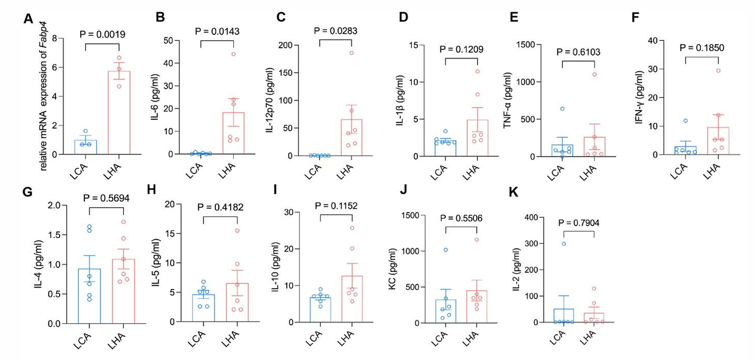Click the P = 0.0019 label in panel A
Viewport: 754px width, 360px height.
pyautogui.click(x=103, y=35)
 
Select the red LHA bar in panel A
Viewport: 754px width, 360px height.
pyautogui.click(x=119, y=113)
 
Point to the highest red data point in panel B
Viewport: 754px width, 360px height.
pyautogui.click(x=233, y=54)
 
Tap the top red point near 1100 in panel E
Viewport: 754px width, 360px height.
pyautogui.click(x=593, y=74)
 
